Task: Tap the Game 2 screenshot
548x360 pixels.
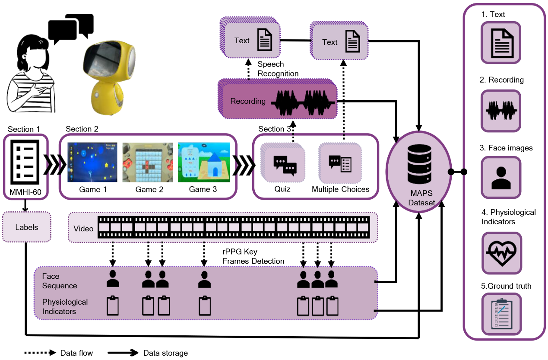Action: tap(148, 163)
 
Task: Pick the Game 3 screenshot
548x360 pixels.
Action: tap(204, 163)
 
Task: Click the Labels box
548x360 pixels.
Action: tap(26, 227)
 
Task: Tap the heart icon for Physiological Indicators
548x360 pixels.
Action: tap(501, 253)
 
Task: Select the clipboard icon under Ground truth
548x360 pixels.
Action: tap(501, 314)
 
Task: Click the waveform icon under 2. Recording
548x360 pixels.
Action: tap(501, 111)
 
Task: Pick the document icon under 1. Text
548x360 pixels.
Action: tap(501, 43)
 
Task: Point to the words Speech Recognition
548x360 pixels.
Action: tap(278, 69)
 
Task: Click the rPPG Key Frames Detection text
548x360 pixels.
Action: tap(253, 256)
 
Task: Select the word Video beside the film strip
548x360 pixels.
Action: tap(83, 228)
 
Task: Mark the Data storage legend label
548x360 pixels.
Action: tap(165, 353)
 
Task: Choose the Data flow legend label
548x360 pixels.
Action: tap(76, 353)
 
